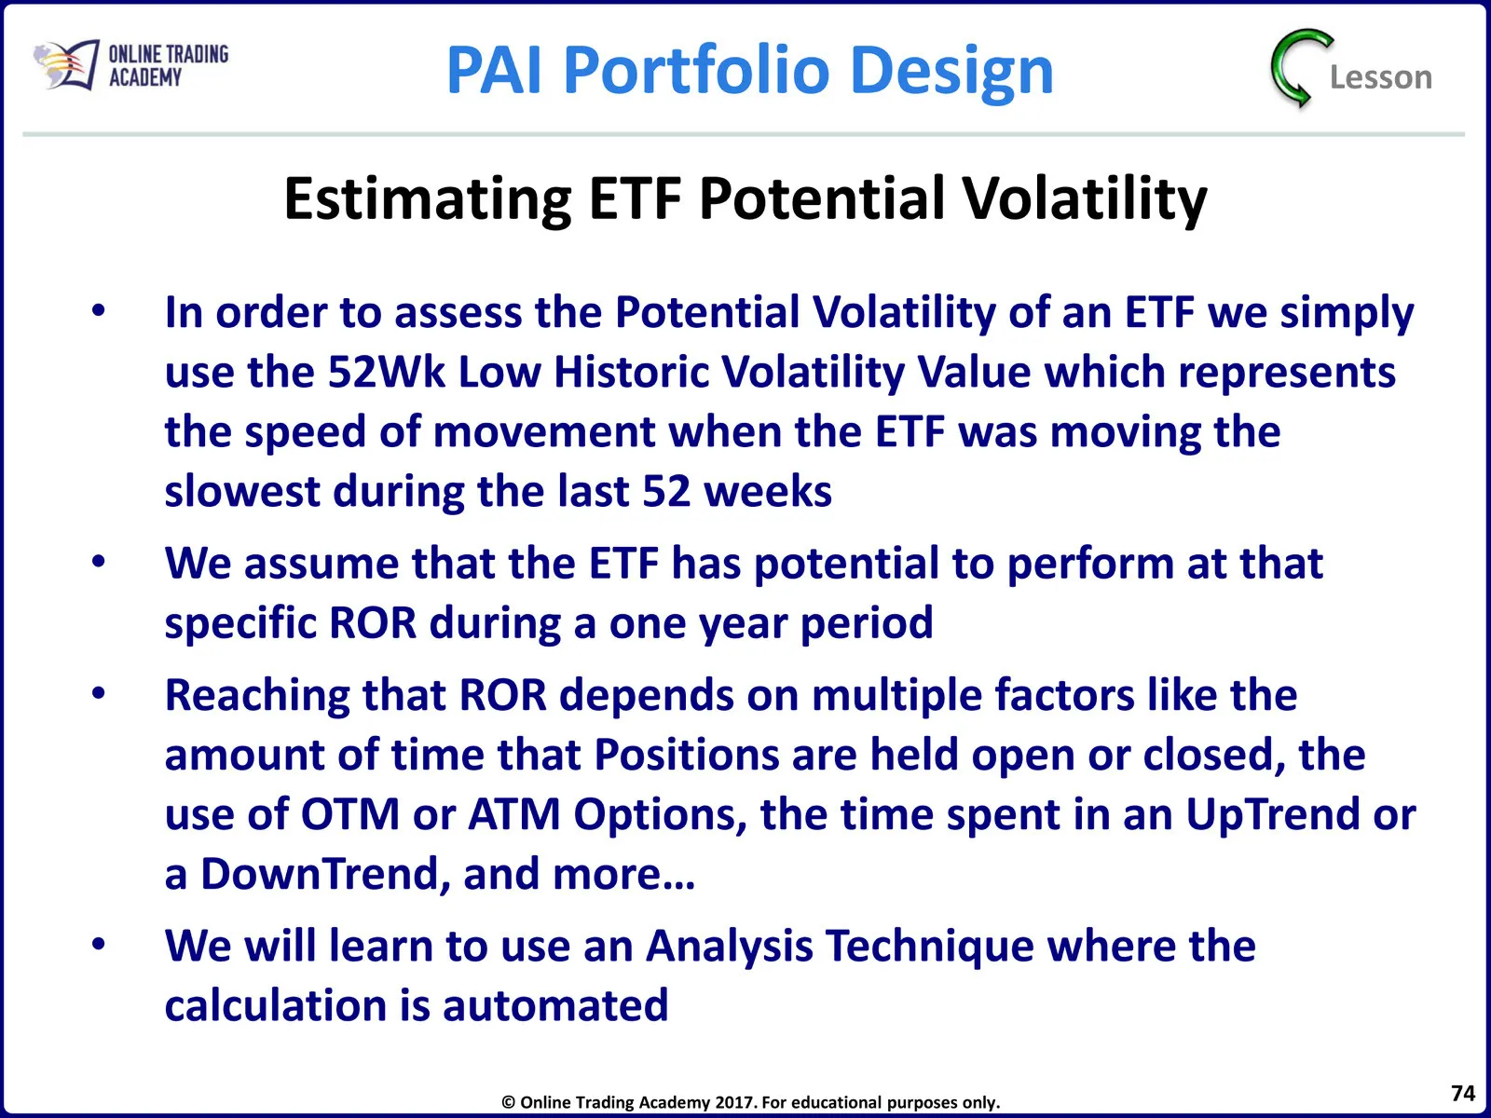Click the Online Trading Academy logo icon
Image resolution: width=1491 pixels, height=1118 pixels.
click(x=66, y=64)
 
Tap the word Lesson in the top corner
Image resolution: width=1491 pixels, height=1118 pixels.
click(x=1380, y=76)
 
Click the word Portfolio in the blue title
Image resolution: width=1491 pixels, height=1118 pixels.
click(x=696, y=69)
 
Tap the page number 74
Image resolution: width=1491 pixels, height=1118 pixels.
click(x=1462, y=1092)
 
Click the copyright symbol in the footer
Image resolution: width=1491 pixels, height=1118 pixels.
click(x=508, y=1102)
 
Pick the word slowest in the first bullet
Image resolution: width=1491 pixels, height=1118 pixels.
click(x=241, y=491)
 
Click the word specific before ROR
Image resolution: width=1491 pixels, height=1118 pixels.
click(x=240, y=624)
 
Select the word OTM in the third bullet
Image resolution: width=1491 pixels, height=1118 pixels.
click(x=349, y=814)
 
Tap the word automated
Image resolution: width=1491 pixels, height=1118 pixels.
click(x=555, y=1005)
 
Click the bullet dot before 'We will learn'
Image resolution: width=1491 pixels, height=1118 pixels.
click(x=99, y=944)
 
